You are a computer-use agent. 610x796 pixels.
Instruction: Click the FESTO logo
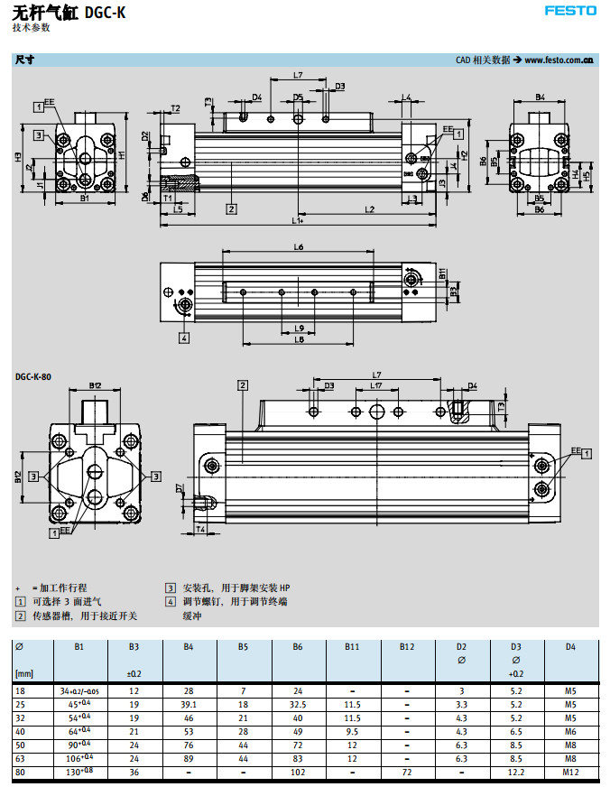click(x=569, y=11)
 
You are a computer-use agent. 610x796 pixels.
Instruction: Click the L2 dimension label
click(x=370, y=209)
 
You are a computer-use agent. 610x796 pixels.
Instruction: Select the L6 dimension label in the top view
click(x=298, y=247)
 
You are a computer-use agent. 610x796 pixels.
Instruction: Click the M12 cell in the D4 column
click(x=570, y=773)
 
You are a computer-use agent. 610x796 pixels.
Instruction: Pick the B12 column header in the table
click(x=407, y=646)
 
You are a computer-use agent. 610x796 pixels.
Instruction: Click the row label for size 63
click(x=21, y=761)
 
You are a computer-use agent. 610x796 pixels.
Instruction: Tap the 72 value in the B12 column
click(x=407, y=773)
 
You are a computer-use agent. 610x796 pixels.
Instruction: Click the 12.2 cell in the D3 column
click(x=516, y=773)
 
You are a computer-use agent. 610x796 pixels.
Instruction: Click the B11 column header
click(x=352, y=646)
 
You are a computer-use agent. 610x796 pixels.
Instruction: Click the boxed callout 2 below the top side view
click(x=232, y=209)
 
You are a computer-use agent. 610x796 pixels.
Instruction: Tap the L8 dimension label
click(x=299, y=339)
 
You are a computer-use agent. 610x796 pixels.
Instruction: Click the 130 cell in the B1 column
click(x=79, y=773)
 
